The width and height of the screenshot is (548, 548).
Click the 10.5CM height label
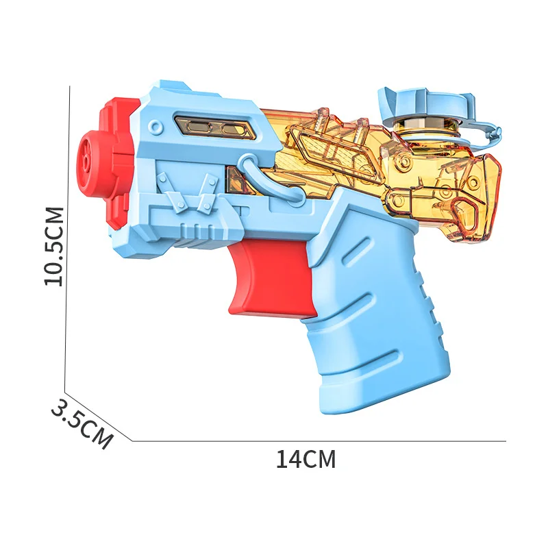point(53,246)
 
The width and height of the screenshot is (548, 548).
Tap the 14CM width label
point(306,459)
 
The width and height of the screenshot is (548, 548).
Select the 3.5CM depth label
point(81,424)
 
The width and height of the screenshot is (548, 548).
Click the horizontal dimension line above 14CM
point(319,441)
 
